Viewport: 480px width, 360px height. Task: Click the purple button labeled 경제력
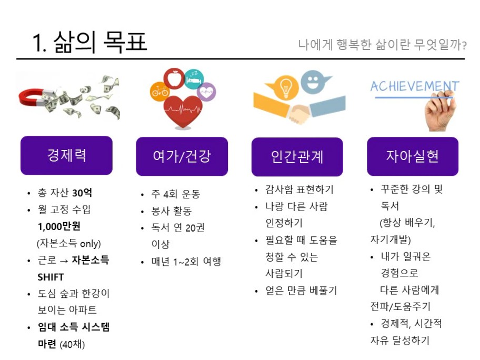click(x=66, y=155)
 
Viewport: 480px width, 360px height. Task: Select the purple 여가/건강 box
click(x=182, y=156)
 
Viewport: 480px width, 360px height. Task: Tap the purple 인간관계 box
click(x=297, y=157)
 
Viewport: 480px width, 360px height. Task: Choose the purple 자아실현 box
click(x=413, y=156)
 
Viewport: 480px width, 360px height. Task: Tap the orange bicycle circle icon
click(x=159, y=91)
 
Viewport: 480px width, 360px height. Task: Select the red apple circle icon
click(x=174, y=78)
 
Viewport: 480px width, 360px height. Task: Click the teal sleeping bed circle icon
click(x=194, y=79)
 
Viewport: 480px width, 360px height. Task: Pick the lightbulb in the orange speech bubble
click(x=285, y=87)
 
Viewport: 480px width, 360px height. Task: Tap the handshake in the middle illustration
click(x=299, y=114)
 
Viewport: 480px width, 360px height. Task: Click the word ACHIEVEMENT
click(x=415, y=86)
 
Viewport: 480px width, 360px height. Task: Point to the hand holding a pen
click(x=440, y=112)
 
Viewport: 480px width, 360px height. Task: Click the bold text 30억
click(x=82, y=193)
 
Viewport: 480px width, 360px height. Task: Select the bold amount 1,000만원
click(x=59, y=226)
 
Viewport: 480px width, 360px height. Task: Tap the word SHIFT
click(x=51, y=277)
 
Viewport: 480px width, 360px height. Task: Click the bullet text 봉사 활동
click(x=172, y=211)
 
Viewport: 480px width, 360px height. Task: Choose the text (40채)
click(x=72, y=344)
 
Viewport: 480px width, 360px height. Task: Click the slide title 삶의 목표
click(x=100, y=42)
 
